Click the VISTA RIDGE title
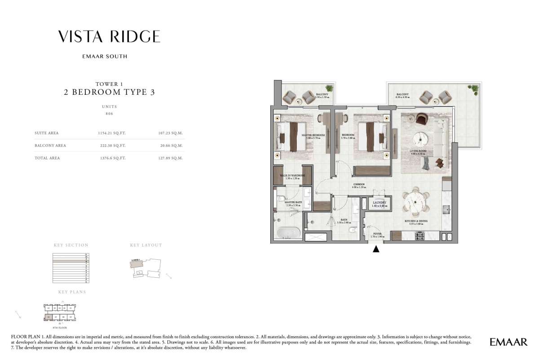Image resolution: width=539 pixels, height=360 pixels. [x=109, y=37]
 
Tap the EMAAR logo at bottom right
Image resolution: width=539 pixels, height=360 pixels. [x=508, y=342]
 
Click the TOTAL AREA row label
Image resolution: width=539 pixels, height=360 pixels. [x=47, y=158]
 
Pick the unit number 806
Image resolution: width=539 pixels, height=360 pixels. [x=109, y=114]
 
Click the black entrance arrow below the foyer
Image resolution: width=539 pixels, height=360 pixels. [x=376, y=249]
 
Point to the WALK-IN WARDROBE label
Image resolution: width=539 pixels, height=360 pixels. [x=292, y=176]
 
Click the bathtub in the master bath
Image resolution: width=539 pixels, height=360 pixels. [x=287, y=233]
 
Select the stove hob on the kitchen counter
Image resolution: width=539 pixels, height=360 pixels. [x=420, y=236]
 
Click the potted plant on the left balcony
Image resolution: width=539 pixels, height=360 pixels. [x=330, y=89]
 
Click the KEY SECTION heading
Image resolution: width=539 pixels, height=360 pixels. [x=71, y=245]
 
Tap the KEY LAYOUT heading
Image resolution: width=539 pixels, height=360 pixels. [x=146, y=245]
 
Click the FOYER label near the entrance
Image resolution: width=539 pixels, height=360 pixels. [x=376, y=234]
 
